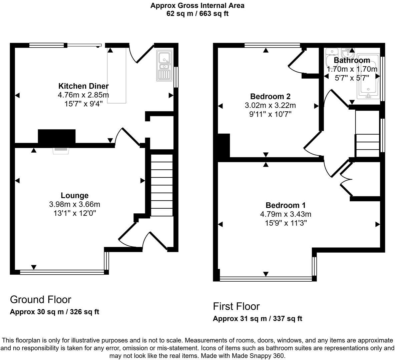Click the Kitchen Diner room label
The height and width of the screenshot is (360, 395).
tap(83, 86)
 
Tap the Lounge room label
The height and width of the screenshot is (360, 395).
tap(74, 196)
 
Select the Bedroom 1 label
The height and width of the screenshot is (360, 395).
tap(285, 205)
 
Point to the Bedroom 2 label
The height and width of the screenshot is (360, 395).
tap(270, 97)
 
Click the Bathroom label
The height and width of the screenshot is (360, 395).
tap(352, 60)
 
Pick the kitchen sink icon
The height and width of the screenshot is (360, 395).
tap(164, 66)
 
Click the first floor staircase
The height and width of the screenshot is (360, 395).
tap(367, 133)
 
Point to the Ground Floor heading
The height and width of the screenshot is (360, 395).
tap(40, 299)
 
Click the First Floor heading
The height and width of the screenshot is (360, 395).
tap(236, 306)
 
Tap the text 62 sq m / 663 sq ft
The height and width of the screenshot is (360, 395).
tap(197, 14)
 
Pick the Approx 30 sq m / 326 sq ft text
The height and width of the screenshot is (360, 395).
tap(54, 312)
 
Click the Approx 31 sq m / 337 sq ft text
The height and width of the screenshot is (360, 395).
tap(257, 319)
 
